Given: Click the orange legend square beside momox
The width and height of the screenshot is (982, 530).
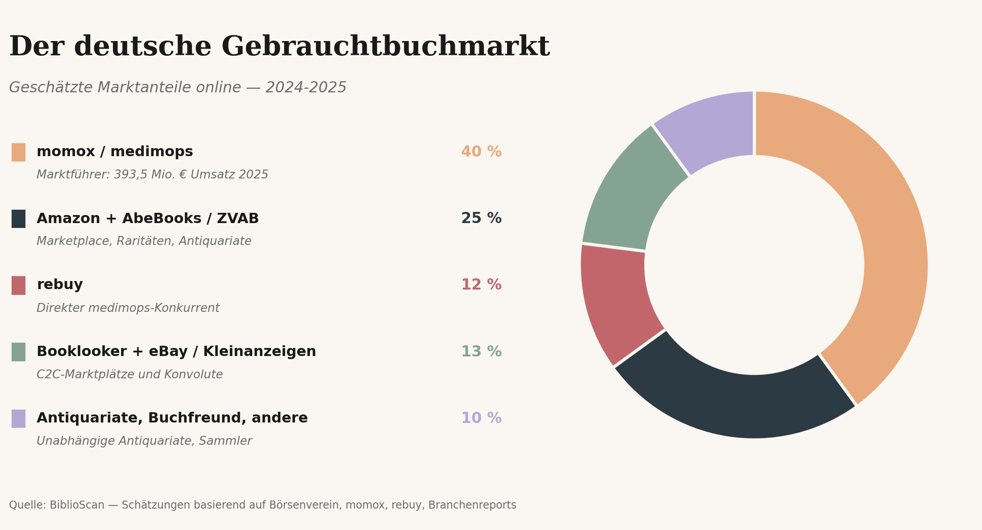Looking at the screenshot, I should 18,152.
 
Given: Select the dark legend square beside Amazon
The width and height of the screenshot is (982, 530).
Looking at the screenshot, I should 18,219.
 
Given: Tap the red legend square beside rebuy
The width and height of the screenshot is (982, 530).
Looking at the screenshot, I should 18,285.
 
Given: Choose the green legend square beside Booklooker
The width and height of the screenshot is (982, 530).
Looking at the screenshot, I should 18,352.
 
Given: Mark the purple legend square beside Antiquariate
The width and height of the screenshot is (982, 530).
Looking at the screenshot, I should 18,418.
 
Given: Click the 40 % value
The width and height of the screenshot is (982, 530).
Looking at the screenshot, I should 481,152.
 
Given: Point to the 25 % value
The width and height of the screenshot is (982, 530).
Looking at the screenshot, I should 481,219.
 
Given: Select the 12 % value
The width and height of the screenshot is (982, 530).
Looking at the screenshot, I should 481,285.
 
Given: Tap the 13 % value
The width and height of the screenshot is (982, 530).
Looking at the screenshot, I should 481,352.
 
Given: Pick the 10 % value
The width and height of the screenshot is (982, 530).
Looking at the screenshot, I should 481,418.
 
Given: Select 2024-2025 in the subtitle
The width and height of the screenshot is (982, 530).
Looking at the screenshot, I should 306,88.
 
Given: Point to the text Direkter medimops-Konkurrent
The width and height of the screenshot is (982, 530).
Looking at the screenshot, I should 128,308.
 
